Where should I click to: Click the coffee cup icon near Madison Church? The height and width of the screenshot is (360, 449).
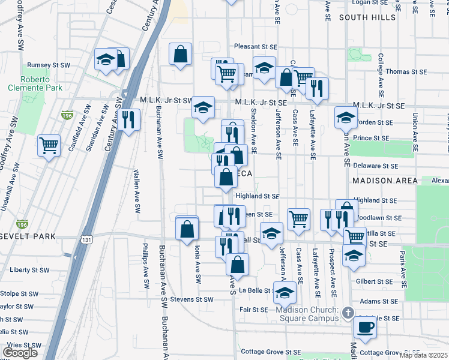pos(365,327)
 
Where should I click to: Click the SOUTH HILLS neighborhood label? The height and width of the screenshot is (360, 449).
pos(367,18)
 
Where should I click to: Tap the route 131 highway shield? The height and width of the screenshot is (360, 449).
pos(88,239)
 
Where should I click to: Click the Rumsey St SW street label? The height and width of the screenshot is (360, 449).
pos(49,65)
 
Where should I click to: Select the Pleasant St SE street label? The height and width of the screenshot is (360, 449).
pos(256,46)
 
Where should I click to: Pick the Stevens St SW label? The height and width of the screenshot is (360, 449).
pos(191,299)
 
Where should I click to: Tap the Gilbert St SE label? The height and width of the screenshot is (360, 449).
pos(374,281)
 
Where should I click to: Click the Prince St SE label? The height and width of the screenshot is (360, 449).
pos(372,138)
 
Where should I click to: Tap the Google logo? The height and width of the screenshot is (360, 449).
pos(20,352)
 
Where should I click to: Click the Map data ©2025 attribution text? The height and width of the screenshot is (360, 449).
pos(423,355)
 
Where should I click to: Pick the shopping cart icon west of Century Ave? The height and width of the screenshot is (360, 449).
pos(49,145)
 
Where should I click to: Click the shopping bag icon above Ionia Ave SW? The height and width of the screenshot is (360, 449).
pos(187,228)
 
